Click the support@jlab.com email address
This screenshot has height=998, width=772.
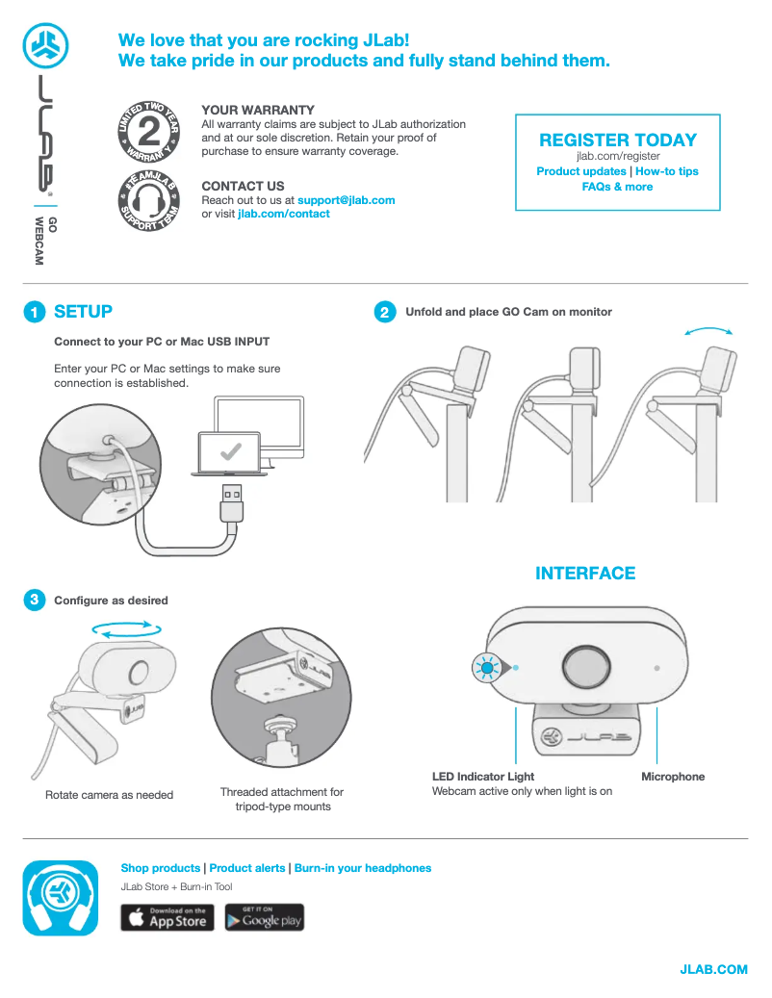coord(347,200)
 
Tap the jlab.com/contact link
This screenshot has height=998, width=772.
coord(284,214)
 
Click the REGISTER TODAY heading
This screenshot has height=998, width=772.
coord(618,140)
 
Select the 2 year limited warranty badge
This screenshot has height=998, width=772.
coord(149,131)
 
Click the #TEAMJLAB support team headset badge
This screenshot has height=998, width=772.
coord(149,200)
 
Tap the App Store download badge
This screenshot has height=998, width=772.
coord(167,917)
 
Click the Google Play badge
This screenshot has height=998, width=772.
coord(264,917)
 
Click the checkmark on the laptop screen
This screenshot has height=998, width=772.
coord(230,452)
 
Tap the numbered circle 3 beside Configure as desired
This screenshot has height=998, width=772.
coord(35,600)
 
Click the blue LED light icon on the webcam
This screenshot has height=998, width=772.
coord(488,668)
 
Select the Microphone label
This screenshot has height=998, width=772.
coord(673,777)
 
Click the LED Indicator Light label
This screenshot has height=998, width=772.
coord(483,777)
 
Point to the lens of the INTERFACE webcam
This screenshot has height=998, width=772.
coord(587,668)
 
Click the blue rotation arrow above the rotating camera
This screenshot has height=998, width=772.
coord(127,628)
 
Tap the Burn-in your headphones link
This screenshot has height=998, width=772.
coord(363,868)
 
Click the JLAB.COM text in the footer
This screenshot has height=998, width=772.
coord(713,969)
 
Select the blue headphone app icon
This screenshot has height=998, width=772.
coord(61,898)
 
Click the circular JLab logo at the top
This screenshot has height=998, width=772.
coord(46,46)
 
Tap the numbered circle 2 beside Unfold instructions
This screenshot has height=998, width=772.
coord(384,312)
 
